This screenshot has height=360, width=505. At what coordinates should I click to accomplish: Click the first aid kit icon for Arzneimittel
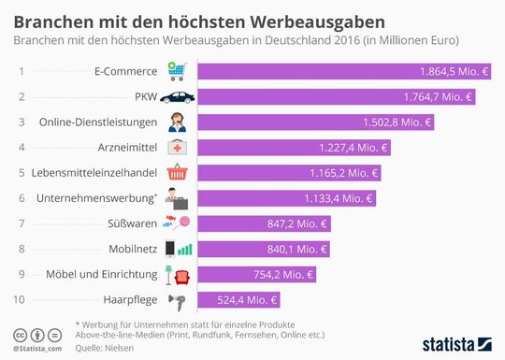[x=176, y=148]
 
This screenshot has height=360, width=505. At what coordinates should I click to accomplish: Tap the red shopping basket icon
[x=176, y=173]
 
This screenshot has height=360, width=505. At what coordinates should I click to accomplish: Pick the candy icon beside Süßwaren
[x=176, y=223]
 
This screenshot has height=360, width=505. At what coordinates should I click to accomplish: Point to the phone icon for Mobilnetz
[x=170, y=249]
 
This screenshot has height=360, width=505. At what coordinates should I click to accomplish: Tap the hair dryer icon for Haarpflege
[x=175, y=299]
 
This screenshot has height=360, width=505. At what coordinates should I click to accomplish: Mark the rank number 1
[x=22, y=71]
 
